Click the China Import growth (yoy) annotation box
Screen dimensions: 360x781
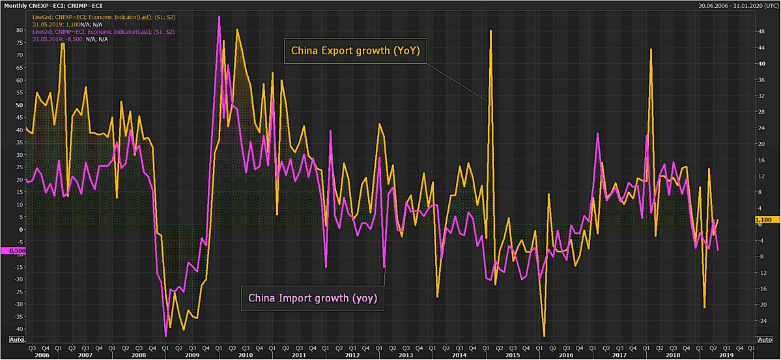(x=313, y=299)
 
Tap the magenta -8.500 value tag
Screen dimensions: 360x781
(x=13, y=250)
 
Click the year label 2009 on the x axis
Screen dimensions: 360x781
(x=192, y=354)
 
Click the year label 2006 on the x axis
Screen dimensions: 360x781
(x=40, y=354)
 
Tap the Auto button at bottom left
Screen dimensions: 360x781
(x=17, y=339)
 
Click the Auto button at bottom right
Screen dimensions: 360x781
(x=763, y=339)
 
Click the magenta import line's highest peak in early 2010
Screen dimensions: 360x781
(x=219, y=17)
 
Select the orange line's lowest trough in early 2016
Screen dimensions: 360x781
(x=544, y=336)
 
